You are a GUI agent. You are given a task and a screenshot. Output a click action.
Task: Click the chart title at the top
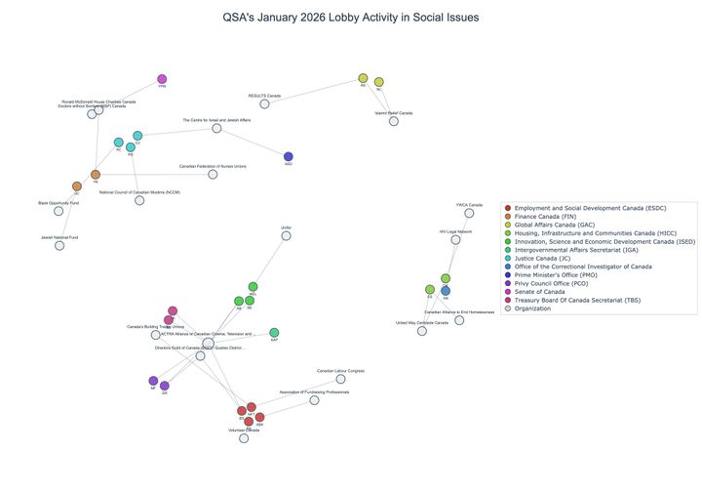tap(351, 18)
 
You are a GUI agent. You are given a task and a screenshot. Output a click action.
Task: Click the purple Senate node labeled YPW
tap(162, 80)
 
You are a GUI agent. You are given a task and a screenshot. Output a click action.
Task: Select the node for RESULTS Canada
tap(264, 103)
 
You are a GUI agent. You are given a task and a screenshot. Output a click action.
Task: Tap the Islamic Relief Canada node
tap(394, 121)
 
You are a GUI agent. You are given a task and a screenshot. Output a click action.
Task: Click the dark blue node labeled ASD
tap(289, 156)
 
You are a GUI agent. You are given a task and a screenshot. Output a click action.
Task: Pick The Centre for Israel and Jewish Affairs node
tap(216, 128)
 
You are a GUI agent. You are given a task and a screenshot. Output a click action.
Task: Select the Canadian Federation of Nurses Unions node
tap(213, 175)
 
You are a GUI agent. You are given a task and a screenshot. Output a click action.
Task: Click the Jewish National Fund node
tap(59, 245)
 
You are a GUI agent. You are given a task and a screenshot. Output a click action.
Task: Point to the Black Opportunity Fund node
tap(58, 211)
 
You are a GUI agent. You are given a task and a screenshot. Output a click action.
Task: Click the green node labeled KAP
tap(274, 333)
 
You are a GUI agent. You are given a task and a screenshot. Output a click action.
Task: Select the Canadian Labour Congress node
tap(340, 379)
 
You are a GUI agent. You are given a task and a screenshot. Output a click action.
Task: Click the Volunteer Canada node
tap(244, 438)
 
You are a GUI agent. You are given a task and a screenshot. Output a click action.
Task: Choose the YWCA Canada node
tap(469, 213)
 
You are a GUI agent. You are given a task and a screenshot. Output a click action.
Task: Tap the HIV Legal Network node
tap(455, 239)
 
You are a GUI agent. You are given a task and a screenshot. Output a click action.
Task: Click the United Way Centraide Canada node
tap(422, 331)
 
